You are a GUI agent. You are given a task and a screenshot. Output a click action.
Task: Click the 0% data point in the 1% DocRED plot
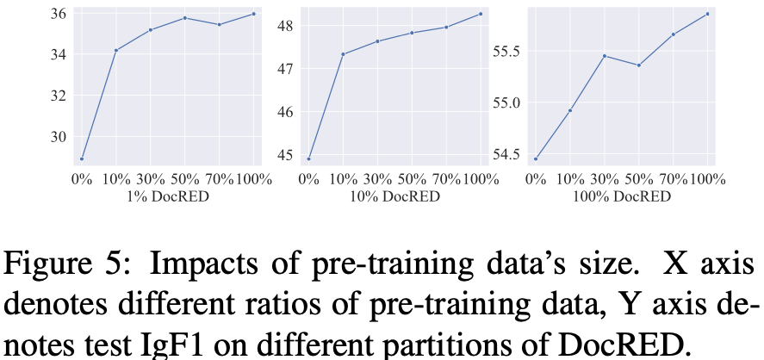point(82,158)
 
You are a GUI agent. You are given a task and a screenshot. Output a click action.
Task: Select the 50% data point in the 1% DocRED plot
point(184,18)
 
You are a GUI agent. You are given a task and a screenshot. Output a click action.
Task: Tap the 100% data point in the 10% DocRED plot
point(481,14)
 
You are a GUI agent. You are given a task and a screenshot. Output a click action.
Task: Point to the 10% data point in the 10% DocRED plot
point(343,54)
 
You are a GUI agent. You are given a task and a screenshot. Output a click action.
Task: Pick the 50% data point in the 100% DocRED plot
point(638,65)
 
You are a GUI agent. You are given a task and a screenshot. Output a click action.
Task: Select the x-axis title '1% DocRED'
point(168,196)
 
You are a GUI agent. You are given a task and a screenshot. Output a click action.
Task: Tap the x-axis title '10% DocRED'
point(394,196)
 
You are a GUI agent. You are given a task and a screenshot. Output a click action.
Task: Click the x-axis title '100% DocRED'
point(622,196)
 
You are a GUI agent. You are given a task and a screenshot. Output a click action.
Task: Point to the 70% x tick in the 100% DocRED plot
point(673,179)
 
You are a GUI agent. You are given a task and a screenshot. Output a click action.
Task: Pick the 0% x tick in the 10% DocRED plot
point(309,179)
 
